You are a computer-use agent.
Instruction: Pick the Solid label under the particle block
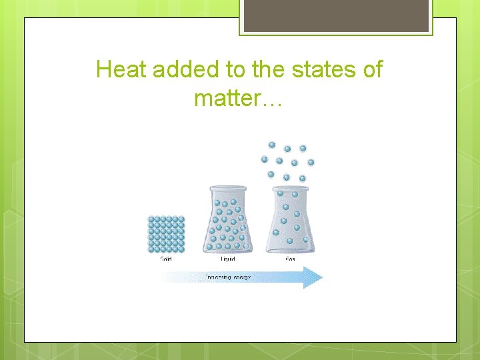coord(166,259)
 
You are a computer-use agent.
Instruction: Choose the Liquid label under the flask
coord(228,259)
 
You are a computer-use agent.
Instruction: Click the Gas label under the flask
coord(290,259)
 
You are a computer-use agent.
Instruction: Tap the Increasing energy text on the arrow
coord(228,277)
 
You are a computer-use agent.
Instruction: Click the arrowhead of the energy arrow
coord(313,277)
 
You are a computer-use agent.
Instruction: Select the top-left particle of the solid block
coord(151,219)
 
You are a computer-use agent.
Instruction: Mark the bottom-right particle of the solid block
coord(181,249)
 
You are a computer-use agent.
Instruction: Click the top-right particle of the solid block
coord(181,219)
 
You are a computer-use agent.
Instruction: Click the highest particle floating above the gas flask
coord(271,144)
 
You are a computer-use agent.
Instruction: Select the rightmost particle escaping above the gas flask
coord(311,162)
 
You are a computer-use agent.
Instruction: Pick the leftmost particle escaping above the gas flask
coord(264,159)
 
